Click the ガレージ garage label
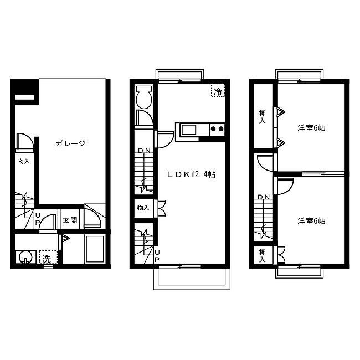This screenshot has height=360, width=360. click(x=70, y=143)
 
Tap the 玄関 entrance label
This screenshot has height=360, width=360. click(x=70, y=220)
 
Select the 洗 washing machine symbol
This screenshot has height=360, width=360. click(x=48, y=257)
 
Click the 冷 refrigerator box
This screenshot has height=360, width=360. click(x=218, y=90)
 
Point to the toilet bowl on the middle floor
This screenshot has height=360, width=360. click(x=144, y=97)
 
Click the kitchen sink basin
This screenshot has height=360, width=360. click(x=189, y=130)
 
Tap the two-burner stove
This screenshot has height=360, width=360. click(x=217, y=129)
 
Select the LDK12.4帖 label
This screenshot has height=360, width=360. click(x=191, y=174)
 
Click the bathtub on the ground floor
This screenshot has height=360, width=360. click(x=95, y=249)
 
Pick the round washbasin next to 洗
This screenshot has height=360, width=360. click(x=25, y=257)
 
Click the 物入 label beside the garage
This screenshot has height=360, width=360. click(x=24, y=161)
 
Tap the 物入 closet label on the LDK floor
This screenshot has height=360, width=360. click(x=143, y=208)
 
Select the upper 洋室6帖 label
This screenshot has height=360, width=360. click(x=312, y=128)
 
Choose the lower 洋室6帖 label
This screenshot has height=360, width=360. click(x=312, y=221)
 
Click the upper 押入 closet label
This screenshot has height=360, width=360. click(x=263, y=117)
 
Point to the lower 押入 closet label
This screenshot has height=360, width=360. click(x=263, y=255)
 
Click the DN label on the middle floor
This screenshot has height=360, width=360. click(x=144, y=151)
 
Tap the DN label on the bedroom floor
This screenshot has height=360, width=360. click(x=264, y=197)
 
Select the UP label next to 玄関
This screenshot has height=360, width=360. click(x=38, y=218)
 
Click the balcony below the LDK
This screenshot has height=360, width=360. click(x=192, y=279)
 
